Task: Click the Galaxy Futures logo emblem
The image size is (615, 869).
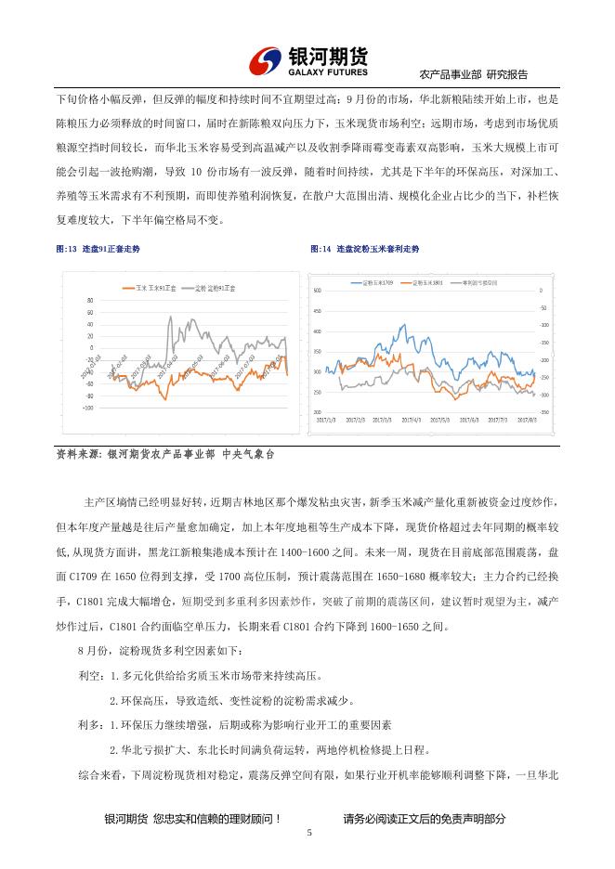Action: click(268, 60)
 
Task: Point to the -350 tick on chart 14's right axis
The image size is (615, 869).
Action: click(543, 411)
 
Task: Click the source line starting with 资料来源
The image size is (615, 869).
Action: click(166, 455)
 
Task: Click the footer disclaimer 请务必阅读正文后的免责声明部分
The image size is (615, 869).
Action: click(425, 818)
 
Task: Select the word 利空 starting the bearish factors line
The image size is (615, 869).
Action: click(90, 680)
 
